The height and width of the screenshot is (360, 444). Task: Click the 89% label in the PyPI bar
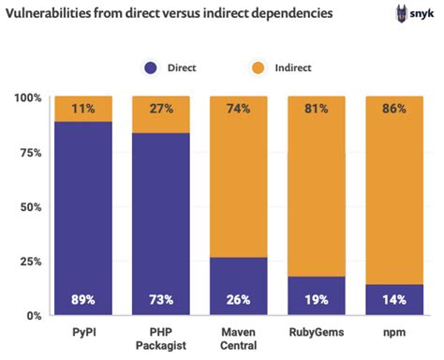click(83, 300)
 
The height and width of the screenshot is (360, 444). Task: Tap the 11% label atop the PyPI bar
click(83, 108)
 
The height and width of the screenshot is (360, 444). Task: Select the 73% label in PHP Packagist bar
click(161, 300)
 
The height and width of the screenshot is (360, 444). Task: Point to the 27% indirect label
click(161, 108)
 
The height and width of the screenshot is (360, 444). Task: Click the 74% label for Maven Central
click(239, 108)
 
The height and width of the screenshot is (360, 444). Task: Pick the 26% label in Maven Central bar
click(239, 300)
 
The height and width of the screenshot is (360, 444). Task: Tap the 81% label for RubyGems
click(317, 108)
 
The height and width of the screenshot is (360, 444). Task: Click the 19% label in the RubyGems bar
click(317, 300)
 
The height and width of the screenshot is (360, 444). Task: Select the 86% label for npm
click(393, 108)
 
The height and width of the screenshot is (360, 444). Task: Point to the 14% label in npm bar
click(393, 300)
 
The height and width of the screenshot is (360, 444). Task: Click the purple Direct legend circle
click(151, 67)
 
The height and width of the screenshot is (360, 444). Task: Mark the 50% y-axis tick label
click(28, 206)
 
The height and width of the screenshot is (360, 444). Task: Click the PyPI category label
click(83, 332)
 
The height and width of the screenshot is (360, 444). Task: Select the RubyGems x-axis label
click(317, 332)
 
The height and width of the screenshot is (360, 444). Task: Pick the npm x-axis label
click(393, 332)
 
